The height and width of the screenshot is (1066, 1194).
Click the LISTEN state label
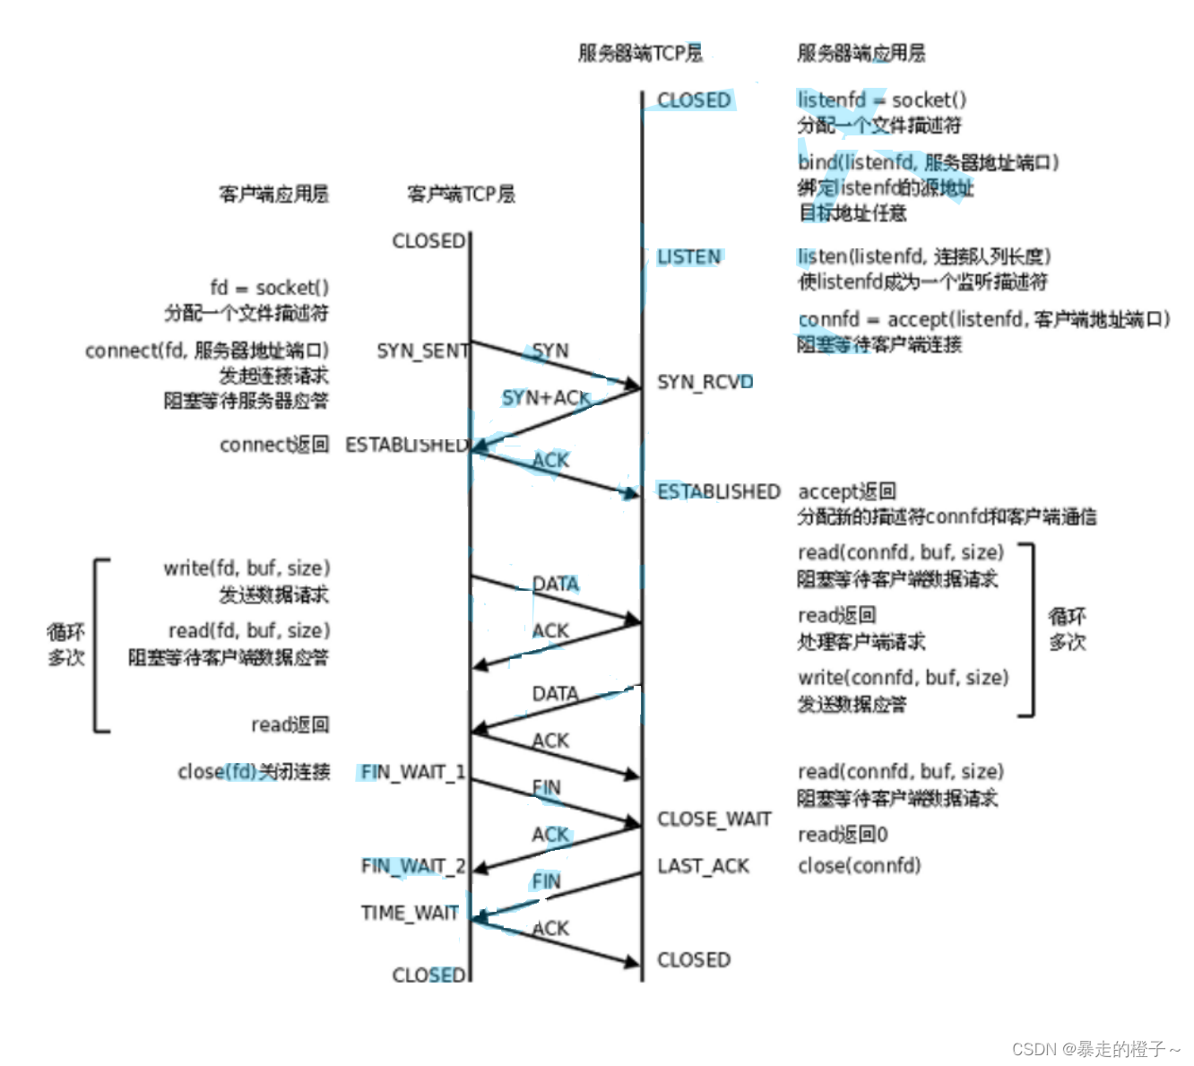tap(688, 257)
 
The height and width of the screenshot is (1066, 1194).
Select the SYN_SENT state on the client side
tap(422, 351)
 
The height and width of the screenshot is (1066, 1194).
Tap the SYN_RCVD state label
tap(705, 382)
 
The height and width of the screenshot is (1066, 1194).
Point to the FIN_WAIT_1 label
tap(412, 772)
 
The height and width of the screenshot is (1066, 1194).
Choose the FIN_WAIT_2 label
tap(412, 866)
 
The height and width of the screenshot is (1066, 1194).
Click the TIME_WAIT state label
tap(410, 913)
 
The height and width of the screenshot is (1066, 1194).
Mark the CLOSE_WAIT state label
tap(714, 819)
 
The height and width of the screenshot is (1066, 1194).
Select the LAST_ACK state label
tap(703, 866)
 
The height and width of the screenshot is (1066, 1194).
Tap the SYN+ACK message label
tap(545, 397)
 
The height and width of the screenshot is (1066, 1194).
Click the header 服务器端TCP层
tap(640, 53)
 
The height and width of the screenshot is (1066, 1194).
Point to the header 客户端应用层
tap(274, 194)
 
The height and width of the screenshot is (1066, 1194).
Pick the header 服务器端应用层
tap(861, 53)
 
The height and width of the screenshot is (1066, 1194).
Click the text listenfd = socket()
tap(882, 100)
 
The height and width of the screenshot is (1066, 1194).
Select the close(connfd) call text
tap(859, 866)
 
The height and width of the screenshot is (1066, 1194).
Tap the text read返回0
tap(843, 835)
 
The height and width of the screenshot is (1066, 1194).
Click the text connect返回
tap(274, 445)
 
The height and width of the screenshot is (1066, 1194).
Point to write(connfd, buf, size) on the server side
tap(903, 678)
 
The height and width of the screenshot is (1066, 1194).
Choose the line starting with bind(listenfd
tap(928, 162)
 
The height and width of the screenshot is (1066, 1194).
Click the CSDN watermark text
tap(1095, 1048)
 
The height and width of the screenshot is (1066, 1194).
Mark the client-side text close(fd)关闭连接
tap(254, 772)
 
